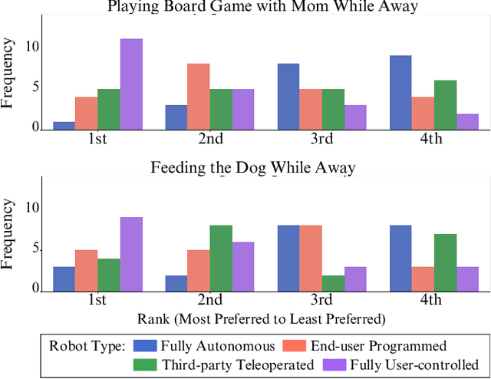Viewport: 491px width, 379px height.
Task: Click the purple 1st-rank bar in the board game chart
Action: coord(130,84)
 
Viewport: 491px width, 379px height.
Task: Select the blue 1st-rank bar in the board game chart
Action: coord(64,126)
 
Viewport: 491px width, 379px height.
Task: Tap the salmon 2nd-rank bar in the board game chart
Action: coord(199,97)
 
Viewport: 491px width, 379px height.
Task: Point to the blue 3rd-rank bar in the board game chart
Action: coord(288,97)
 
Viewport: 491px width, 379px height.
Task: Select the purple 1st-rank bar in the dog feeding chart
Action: coord(130,254)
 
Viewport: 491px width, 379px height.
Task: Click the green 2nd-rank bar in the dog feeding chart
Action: coord(221,258)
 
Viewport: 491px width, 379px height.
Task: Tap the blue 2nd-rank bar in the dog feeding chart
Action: coord(176,282)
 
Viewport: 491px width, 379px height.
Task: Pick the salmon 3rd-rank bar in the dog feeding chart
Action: coord(311,258)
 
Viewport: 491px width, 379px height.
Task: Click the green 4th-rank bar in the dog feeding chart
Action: coord(445,262)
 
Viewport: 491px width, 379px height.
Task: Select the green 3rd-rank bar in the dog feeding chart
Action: coord(333,282)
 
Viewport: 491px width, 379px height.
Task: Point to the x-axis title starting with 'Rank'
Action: coord(261,318)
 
